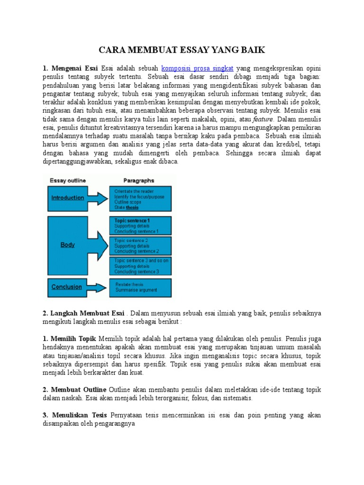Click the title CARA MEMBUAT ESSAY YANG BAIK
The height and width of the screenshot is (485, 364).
182,50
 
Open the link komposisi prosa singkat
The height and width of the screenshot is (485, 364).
198,68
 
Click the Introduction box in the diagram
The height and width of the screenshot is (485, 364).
67,198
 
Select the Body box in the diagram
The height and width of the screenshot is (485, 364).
67,245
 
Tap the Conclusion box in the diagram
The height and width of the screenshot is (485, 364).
66,287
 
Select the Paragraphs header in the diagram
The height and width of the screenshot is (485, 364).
138,180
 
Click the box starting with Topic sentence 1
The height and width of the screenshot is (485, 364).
140,226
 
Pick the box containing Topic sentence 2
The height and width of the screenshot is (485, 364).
140,246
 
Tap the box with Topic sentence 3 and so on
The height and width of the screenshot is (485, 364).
140,266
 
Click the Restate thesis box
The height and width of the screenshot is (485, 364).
140,287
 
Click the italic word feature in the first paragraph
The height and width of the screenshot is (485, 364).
263,119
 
